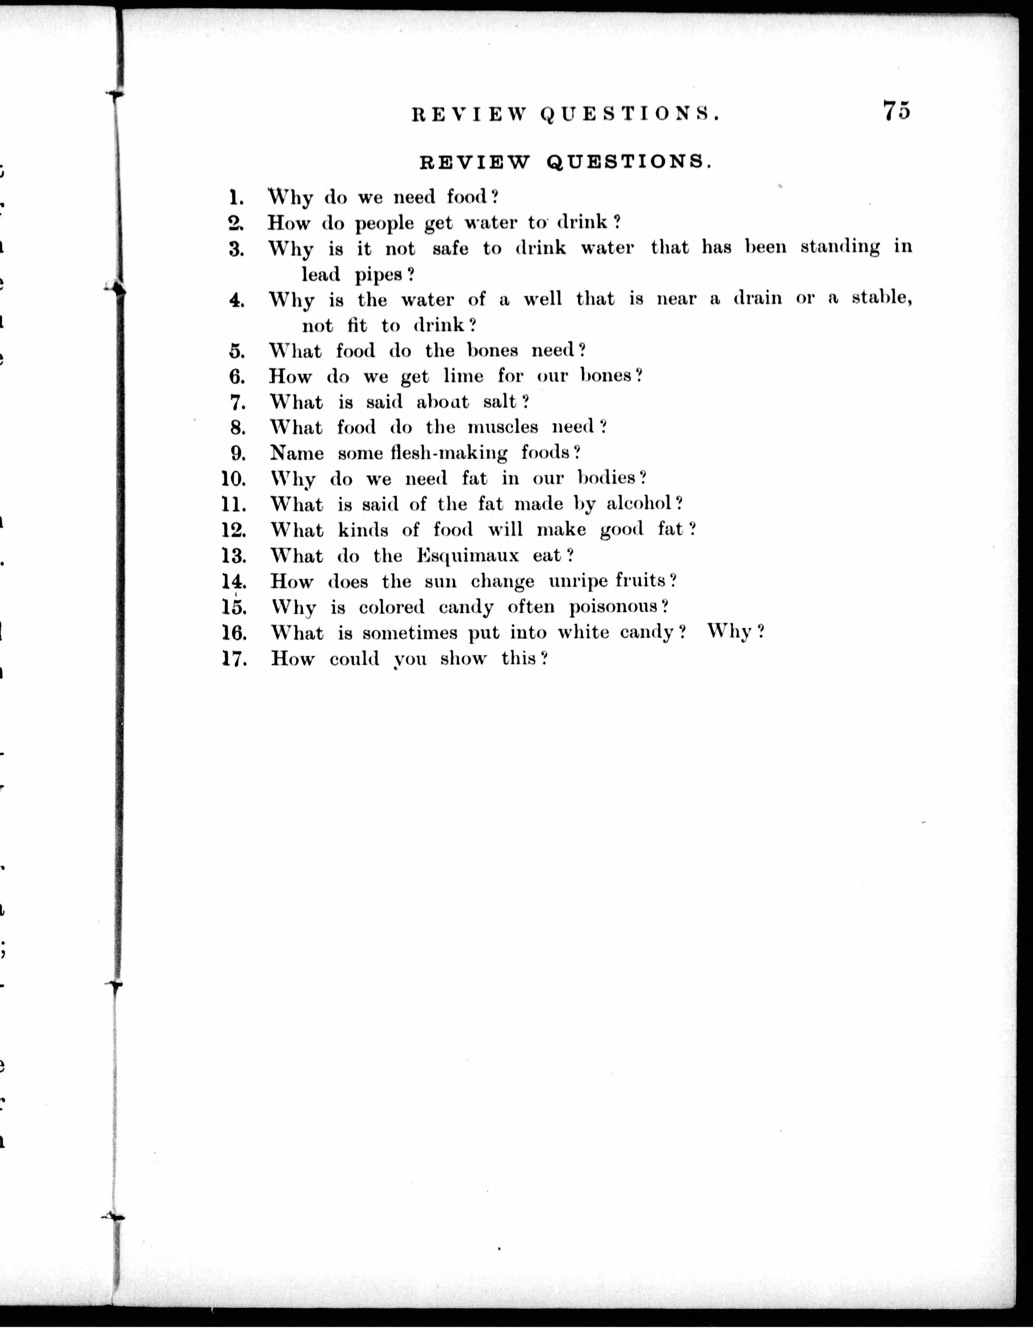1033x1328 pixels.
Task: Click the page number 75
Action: click(x=896, y=111)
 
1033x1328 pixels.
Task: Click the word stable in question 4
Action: click(x=880, y=299)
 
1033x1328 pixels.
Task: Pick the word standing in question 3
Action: click(x=840, y=247)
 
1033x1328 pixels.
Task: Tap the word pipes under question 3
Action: click(x=379, y=275)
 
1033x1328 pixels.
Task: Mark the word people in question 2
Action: click(x=384, y=223)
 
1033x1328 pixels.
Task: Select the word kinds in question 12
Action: click(x=363, y=530)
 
